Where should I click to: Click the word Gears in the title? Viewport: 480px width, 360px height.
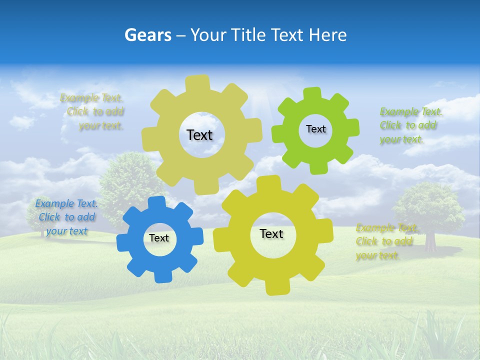[x=147, y=35]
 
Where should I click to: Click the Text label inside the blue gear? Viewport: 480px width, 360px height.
[x=159, y=238]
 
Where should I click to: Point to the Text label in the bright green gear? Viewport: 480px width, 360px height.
[x=315, y=129]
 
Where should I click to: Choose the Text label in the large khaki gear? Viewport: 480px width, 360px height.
[x=199, y=135]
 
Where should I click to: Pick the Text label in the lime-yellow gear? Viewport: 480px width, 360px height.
[x=271, y=233]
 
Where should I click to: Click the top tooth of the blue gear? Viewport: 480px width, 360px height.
[x=156, y=203]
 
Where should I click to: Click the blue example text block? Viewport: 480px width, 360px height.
[x=66, y=217]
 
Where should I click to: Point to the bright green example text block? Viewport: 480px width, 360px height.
[x=408, y=125]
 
